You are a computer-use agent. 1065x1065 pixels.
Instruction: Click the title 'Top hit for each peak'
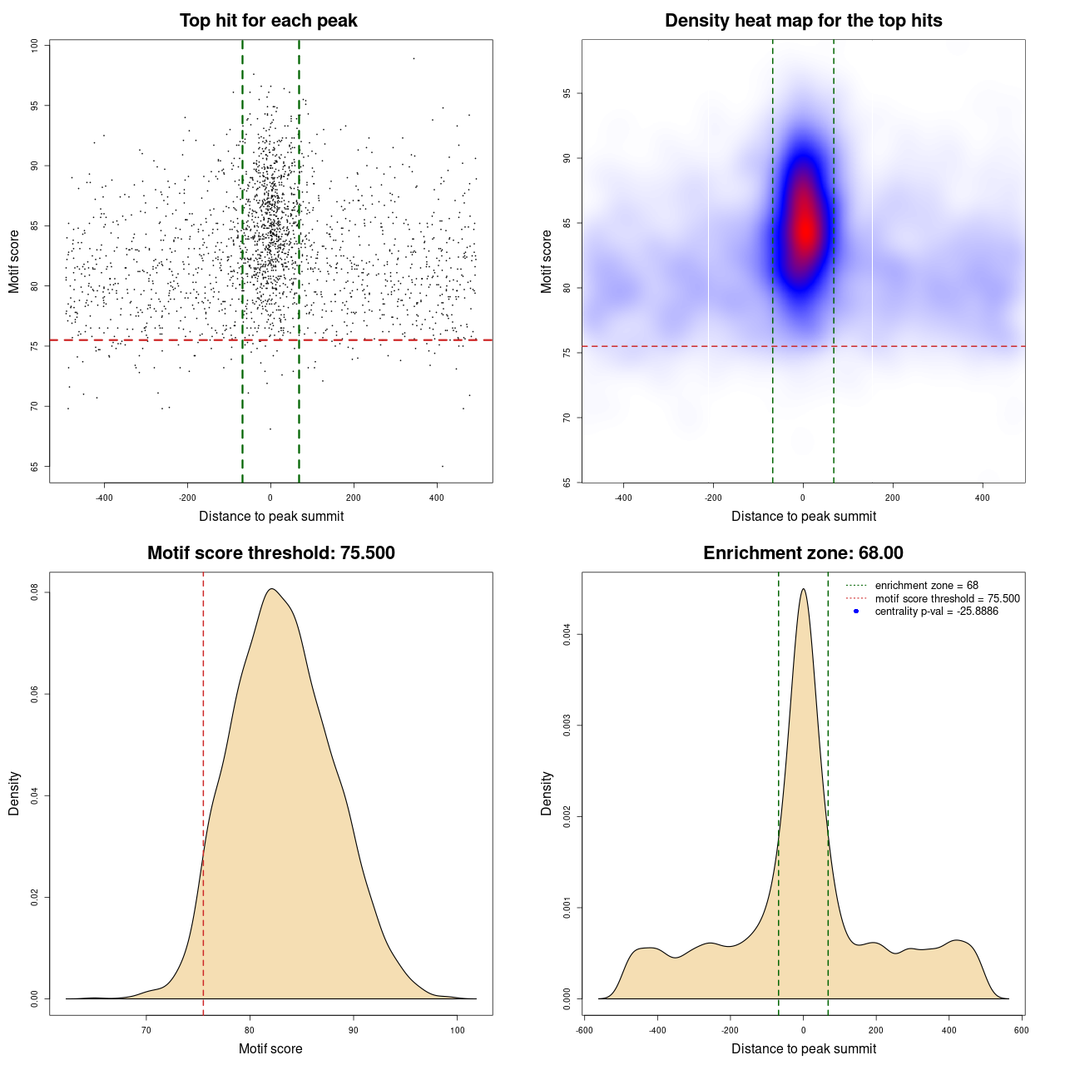[x=268, y=21]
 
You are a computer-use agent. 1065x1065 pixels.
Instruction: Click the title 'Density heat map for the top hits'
[x=803, y=21]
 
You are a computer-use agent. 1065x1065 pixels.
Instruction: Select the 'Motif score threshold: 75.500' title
[x=270, y=553]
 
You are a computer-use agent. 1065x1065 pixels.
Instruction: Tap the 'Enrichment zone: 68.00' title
[x=803, y=553]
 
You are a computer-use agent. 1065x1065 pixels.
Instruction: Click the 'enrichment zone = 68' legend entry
[x=926, y=586]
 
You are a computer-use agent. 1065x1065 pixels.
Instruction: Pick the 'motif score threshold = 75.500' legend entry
[x=947, y=598]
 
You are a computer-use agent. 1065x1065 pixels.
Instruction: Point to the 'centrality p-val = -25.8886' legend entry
[x=936, y=612]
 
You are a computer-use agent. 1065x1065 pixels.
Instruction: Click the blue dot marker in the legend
[x=856, y=612]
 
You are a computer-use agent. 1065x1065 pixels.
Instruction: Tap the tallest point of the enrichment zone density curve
[x=803, y=589]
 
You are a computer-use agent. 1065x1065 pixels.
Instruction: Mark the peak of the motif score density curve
[x=271, y=589]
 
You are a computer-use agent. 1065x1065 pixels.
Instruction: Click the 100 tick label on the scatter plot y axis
[x=34, y=46]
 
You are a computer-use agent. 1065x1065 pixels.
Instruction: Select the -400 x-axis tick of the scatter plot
[x=104, y=498]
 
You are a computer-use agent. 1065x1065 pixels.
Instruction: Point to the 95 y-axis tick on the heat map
[x=567, y=94]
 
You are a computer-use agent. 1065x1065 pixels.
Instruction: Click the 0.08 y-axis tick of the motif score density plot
[x=34, y=592]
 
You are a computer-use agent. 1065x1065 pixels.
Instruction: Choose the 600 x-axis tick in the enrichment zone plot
[x=1021, y=1030]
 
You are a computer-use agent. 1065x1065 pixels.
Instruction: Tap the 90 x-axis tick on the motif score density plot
[x=354, y=1030]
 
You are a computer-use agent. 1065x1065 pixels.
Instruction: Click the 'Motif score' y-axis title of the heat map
[x=546, y=261]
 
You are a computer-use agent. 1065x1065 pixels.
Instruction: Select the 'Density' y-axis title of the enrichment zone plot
[x=546, y=793]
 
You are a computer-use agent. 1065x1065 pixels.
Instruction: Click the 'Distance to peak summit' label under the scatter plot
[x=271, y=517]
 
